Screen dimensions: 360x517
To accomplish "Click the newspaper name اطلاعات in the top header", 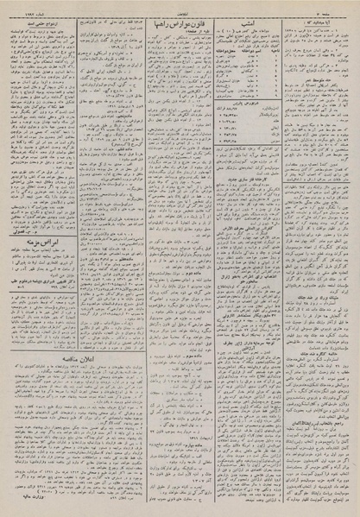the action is [x=180, y=7].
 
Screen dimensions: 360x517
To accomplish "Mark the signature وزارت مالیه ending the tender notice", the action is [x=45, y=496].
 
